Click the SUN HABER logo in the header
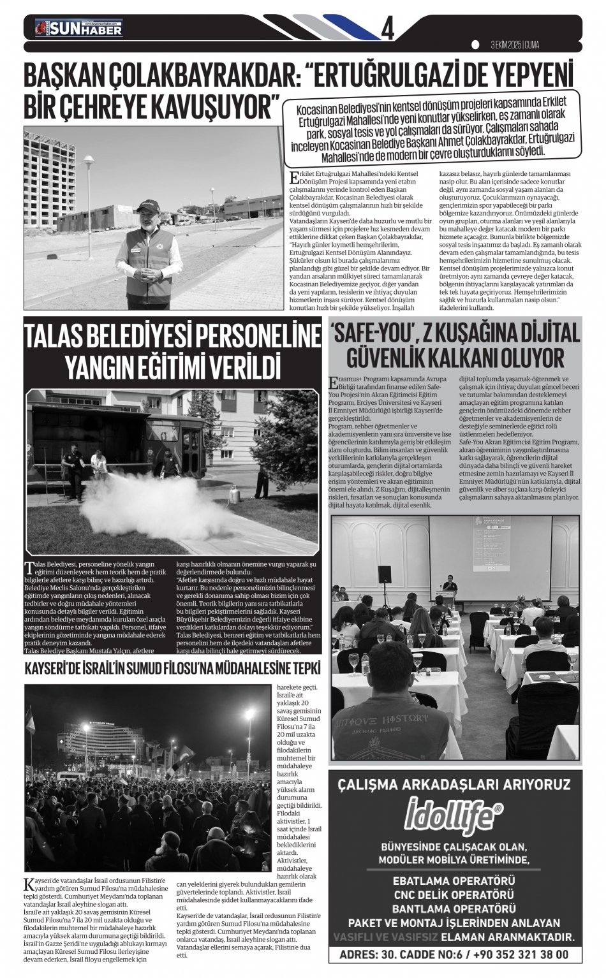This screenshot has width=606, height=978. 80,28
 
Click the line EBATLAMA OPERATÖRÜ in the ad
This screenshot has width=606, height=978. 454,880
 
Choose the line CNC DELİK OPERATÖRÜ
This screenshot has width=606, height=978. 454,894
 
